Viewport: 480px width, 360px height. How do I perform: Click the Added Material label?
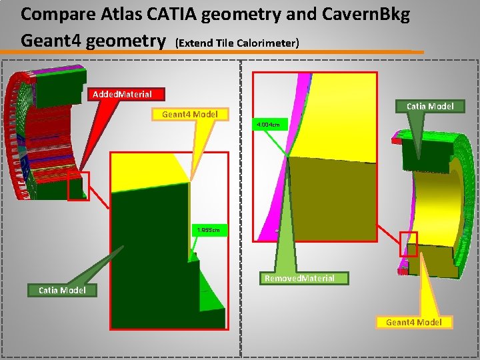pyautogui.click(x=122, y=95)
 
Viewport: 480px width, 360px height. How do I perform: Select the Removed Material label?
pyautogui.click(x=299, y=278)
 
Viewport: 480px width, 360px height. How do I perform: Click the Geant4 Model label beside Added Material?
pyautogui.click(x=190, y=114)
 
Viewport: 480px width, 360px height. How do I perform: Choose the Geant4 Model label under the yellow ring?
pyautogui.click(x=413, y=322)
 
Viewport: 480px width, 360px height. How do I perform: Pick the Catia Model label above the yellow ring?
pyautogui.click(x=430, y=106)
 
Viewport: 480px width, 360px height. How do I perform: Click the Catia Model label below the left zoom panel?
pyautogui.click(x=62, y=290)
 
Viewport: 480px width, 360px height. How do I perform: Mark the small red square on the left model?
pyautogui.click(x=78, y=186)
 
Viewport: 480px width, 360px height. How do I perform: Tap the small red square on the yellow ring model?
pyautogui.click(x=408, y=244)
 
